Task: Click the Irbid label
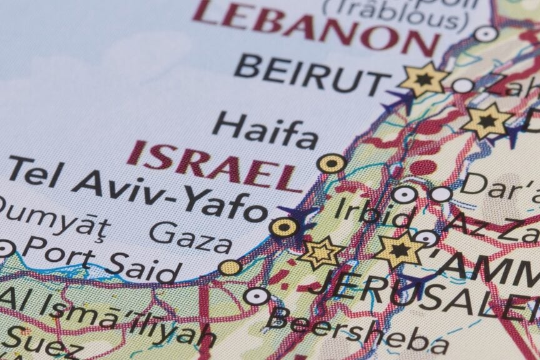click(372, 212)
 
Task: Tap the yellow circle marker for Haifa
click(331, 164)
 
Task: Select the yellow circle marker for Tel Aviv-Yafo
click(284, 227)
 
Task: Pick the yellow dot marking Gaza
click(230, 267)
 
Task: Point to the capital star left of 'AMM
click(399, 250)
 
